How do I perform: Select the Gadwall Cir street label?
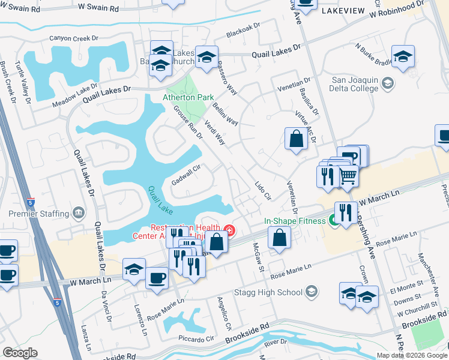pyautogui.click(x=185, y=173)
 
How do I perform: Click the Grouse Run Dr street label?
pyautogui.click(x=188, y=122)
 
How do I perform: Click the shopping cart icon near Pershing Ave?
pyautogui.click(x=348, y=176)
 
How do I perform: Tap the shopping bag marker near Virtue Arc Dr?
pyautogui.click(x=296, y=140)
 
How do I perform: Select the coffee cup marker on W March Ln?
pyautogui.click(x=157, y=278)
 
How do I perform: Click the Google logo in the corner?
pyautogui.click(x=20, y=353)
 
